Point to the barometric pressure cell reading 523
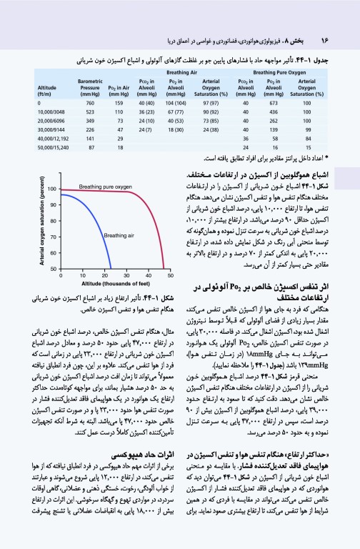coord(86,112)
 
